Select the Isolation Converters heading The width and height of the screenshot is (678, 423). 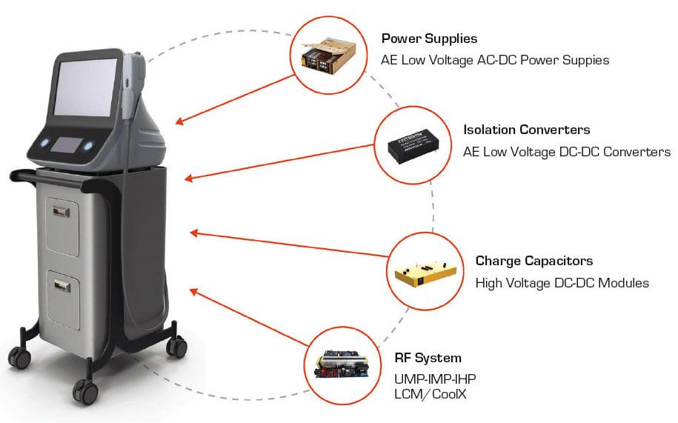[x=526, y=130]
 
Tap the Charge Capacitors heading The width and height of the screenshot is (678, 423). [x=534, y=261]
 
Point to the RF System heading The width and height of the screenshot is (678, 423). [x=428, y=358]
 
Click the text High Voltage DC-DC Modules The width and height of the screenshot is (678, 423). [x=562, y=282]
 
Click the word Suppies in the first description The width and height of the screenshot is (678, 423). [x=584, y=60]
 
